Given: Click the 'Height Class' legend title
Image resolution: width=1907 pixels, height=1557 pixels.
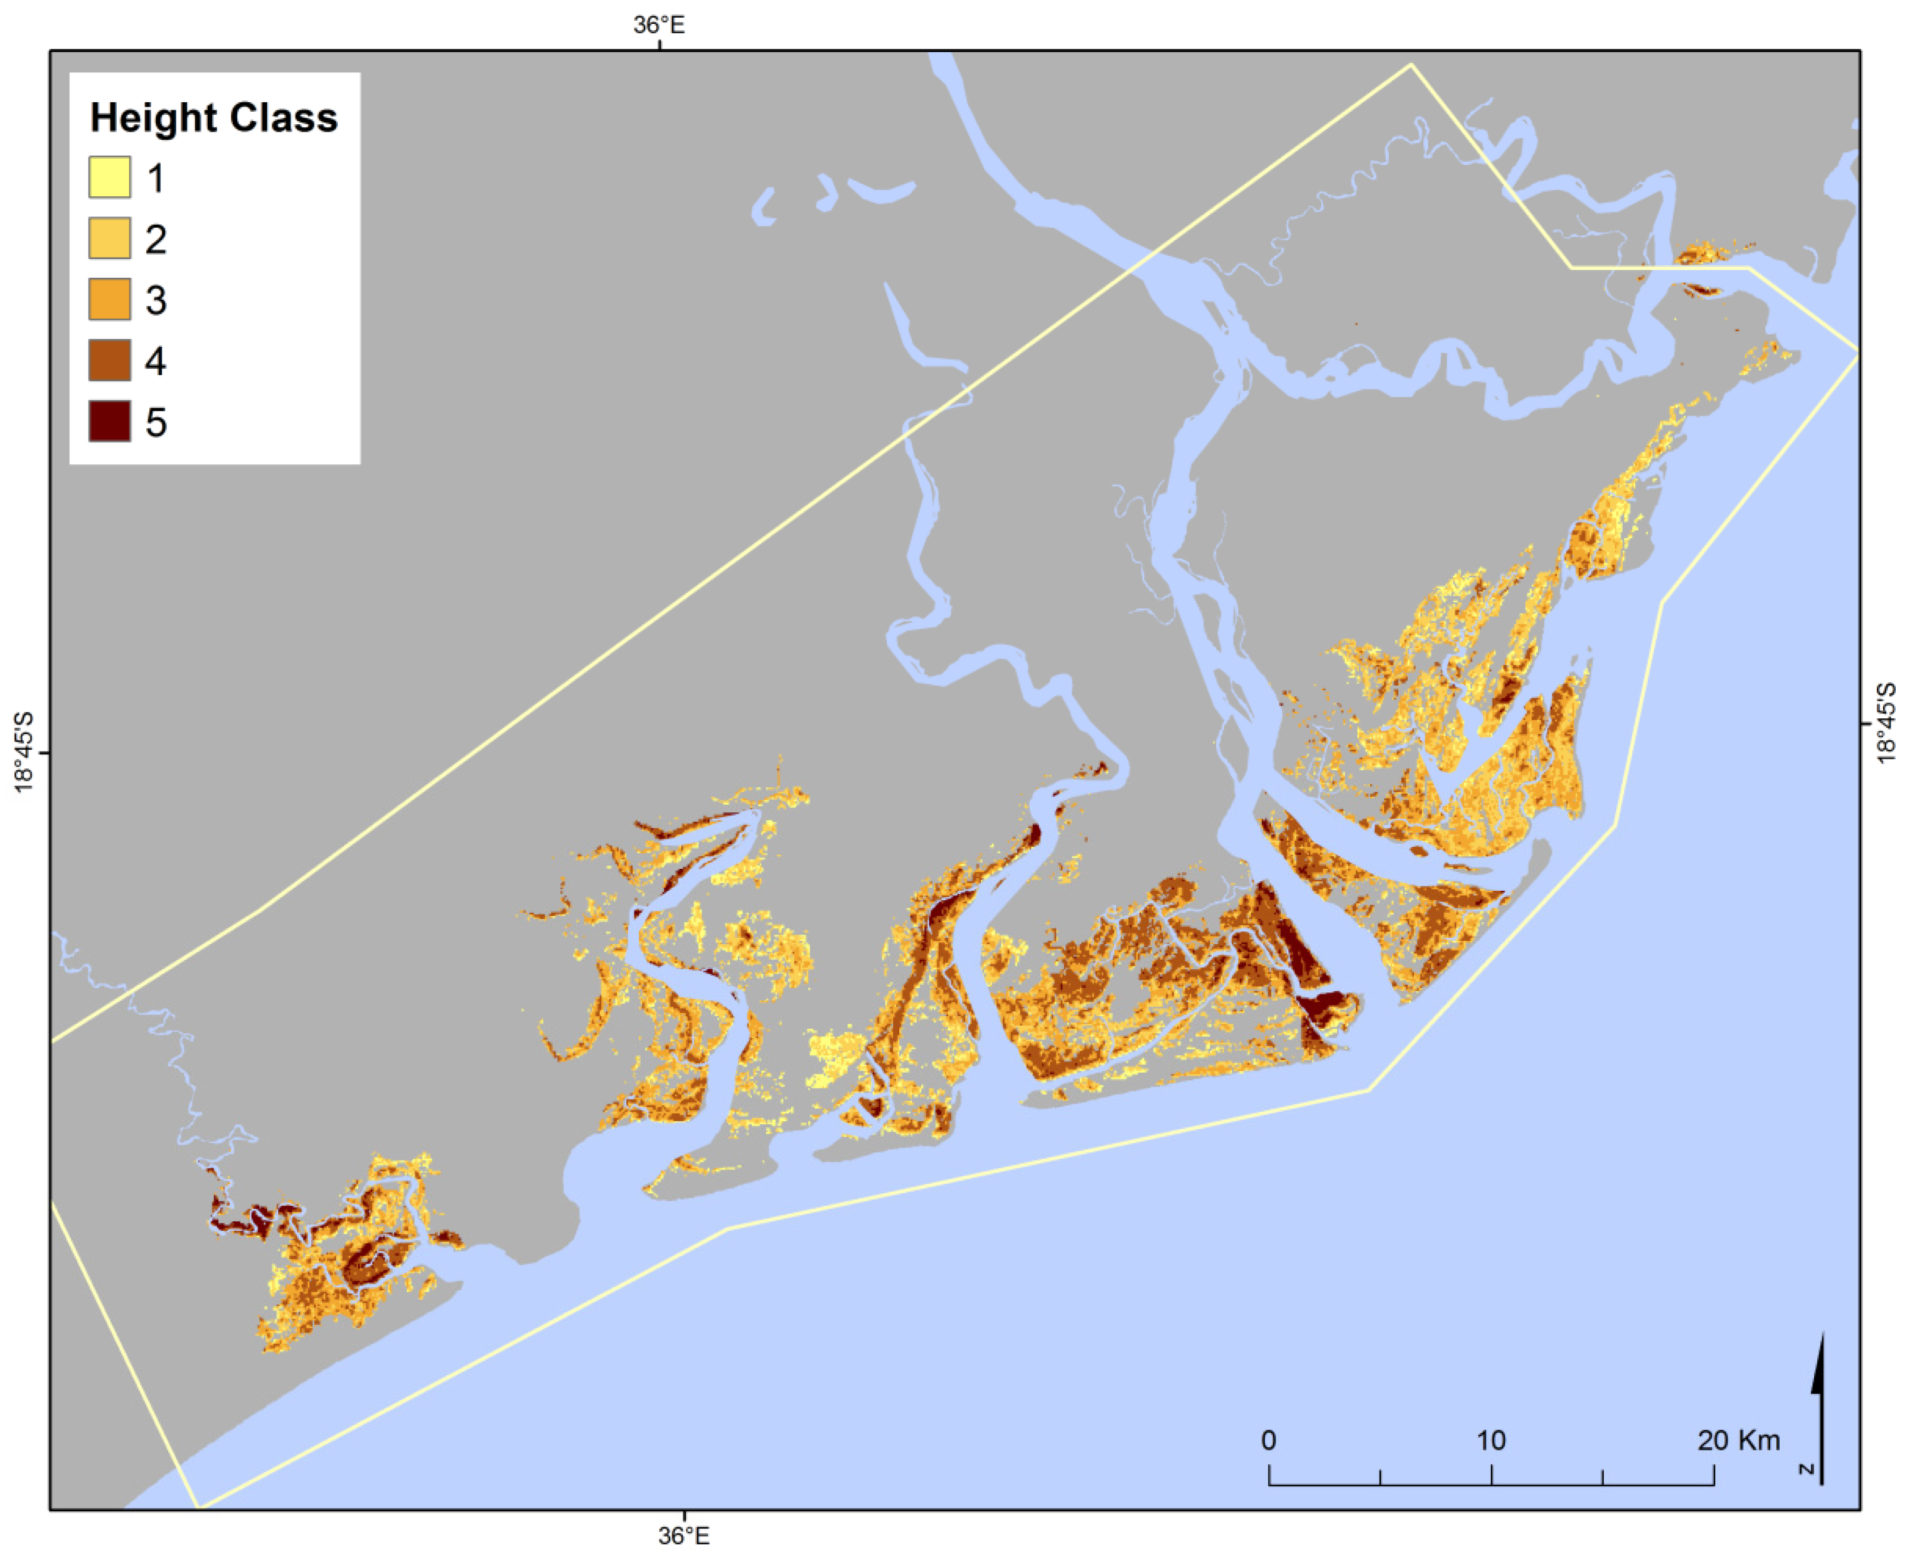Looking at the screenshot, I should tap(213, 119).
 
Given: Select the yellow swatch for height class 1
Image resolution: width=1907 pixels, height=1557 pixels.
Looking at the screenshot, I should tap(109, 178).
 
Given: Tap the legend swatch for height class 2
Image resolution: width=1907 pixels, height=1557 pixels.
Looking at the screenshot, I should tap(109, 238).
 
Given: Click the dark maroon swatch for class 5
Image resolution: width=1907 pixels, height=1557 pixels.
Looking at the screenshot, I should tap(109, 422).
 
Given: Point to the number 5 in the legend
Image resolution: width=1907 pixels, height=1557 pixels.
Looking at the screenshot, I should tap(156, 422).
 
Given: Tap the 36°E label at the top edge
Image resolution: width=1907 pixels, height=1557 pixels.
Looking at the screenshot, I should tap(660, 24).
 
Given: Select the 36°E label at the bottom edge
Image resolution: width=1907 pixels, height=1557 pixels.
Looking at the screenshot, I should tap(683, 1536).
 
